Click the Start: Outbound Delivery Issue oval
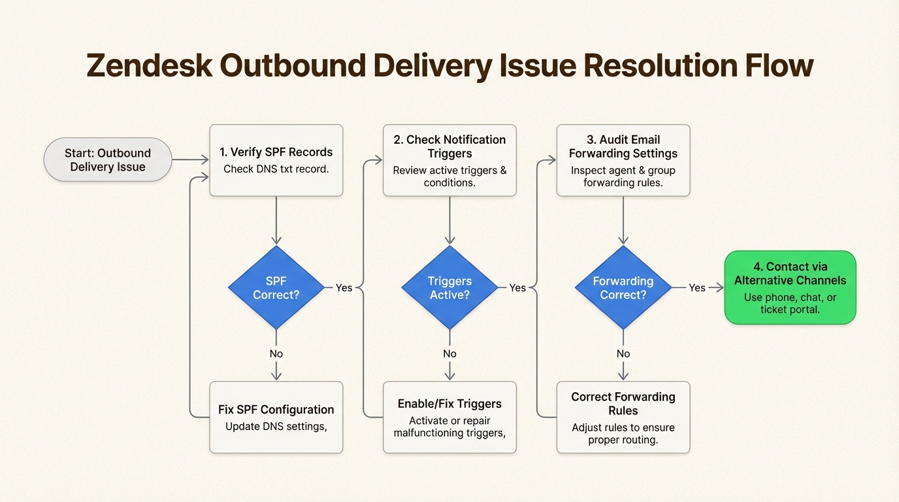coord(108,159)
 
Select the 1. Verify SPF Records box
coord(276,160)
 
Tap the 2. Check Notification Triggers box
coord(449,160)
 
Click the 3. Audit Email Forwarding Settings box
coord(623,160)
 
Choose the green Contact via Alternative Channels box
coord(790,288)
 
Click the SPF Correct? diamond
coord(276,288)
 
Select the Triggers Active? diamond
coord(449,288)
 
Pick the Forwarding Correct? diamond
coord(623,288)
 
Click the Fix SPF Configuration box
coord(276,417)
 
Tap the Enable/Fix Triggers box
coord(449,417)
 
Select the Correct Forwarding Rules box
coord(623,417)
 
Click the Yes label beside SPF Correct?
coord(344,288)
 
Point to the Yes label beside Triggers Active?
coord(517,288)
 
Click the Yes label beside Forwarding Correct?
coord(697,288)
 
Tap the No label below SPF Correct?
coord(276,354)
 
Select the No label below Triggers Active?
coord(449,354)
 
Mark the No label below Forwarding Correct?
coord(623,354)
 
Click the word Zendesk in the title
coord(148,66)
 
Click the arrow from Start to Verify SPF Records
coord(190,159)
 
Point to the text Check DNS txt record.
coord(276,169)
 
